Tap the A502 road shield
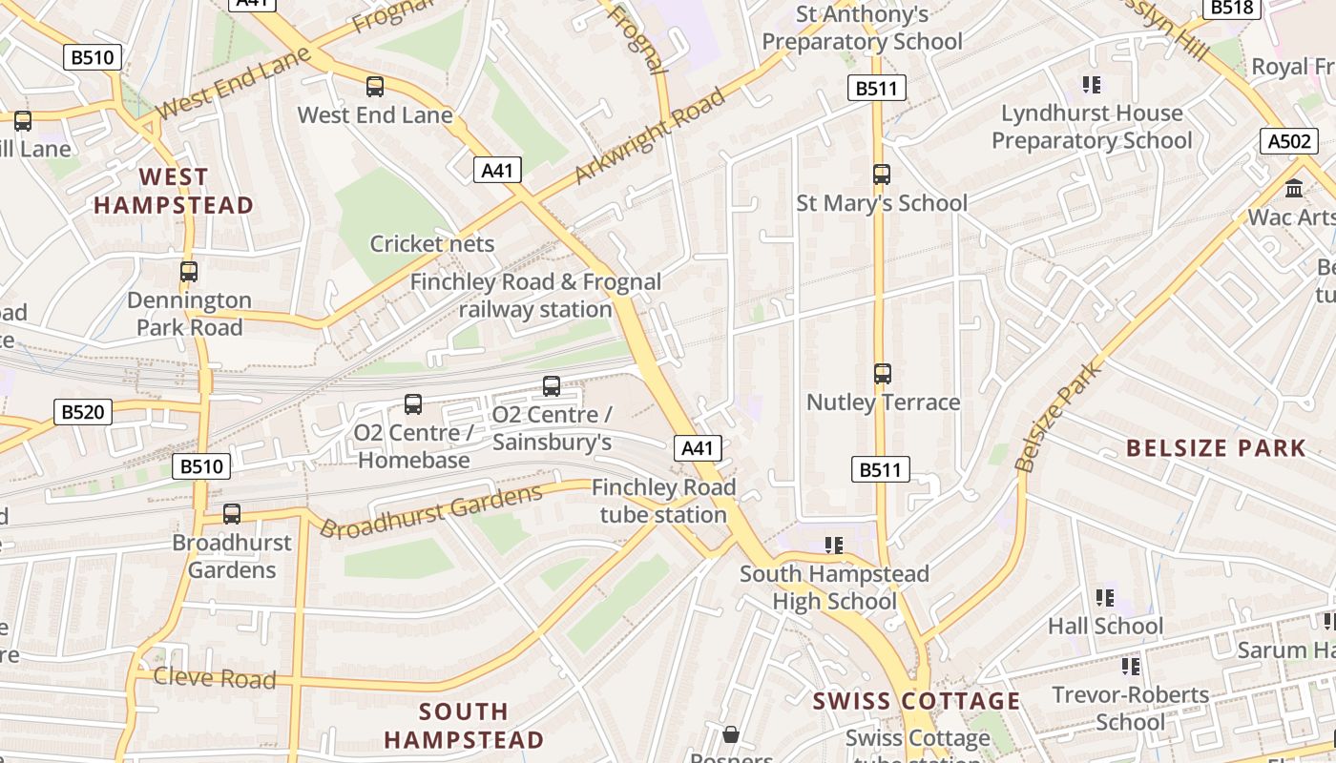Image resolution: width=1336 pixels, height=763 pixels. tap(1289, 141)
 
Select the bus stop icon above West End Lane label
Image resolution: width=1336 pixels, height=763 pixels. tap(375, 87)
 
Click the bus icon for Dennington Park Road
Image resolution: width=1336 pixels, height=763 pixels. tap(189, 272)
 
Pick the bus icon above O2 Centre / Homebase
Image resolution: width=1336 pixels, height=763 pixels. tap(413, 404)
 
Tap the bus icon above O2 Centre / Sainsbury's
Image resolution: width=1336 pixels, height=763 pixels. tap(552, 386)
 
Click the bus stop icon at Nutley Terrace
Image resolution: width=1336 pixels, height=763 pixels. tap(883, 374)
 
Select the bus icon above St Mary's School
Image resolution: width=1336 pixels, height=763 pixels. tap(882, 175)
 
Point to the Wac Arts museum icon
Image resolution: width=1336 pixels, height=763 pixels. tap(1294, 188)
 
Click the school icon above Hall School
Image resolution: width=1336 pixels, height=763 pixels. tap(1105, 598)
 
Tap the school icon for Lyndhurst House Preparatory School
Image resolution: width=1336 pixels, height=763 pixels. tap(1093, 85)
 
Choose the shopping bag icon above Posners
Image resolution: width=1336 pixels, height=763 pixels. tap(731, 734)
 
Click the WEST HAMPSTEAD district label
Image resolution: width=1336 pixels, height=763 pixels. tap(174, 191)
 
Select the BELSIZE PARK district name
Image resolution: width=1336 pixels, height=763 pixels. tap(1216, 448)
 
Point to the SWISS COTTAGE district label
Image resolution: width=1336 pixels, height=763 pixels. tap(916, 701)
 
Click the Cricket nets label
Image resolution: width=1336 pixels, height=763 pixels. tap(432, 244)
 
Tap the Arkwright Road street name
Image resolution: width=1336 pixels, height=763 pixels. tap(650, 135)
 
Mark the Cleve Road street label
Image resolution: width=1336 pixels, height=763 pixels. tap(215, 678)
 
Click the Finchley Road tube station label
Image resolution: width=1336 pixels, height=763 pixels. tap(663, 501)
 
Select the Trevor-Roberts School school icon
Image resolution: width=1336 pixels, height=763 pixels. tap(1131, 666)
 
